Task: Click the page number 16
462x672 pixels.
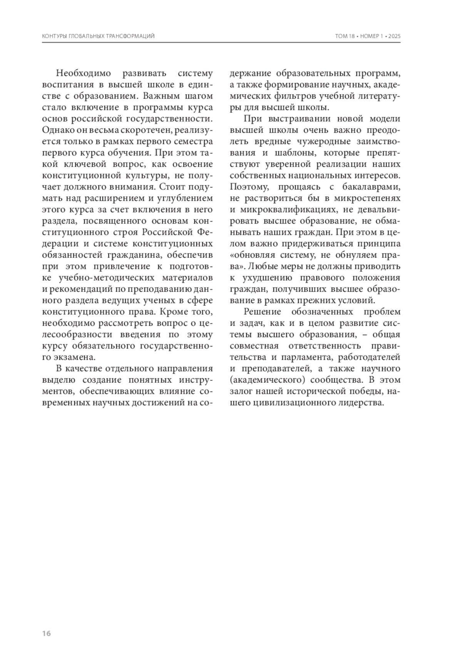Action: pos(46,634)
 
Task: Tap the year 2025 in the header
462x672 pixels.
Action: pos(394,36)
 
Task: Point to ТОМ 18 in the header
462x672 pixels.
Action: pos(345,36)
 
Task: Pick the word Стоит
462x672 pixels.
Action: pos(170,187)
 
